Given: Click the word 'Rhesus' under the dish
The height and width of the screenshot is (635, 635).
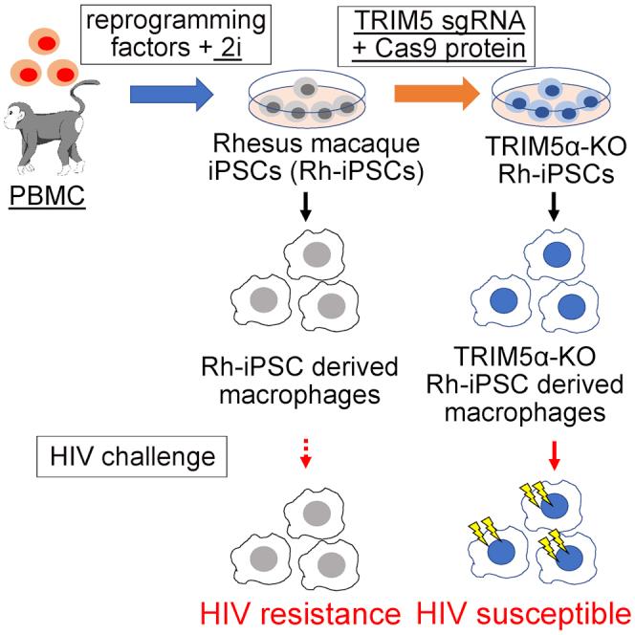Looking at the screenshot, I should point(250,144).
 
